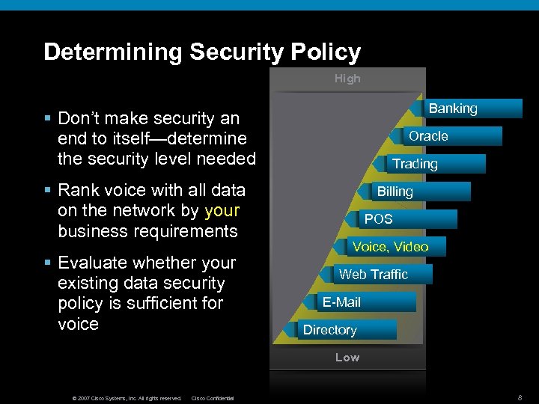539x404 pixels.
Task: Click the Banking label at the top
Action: point(453,108)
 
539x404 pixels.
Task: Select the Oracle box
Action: point(428,136)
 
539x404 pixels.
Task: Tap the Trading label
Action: point(415,164)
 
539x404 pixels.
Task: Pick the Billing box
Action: point(395,192)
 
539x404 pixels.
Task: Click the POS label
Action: point(378,219)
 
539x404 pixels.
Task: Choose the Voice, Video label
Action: point(390,247)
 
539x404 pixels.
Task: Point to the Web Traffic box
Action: point(373,275)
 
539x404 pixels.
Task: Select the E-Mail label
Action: point(341,302)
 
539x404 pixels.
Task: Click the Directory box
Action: point(329,330)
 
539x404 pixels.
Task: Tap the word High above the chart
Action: point(347,79)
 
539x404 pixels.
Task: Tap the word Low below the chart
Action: point(347,358)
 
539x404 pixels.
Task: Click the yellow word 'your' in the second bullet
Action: point(222,210)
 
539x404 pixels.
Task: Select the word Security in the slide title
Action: point(237,52)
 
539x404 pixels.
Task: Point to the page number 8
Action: point(519,397)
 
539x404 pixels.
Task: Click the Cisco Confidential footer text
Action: point(213,398)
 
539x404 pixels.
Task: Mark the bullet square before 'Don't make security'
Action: point(47,119)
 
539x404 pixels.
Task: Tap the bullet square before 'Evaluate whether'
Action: point(47,263)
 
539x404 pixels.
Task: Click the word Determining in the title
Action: point(113,52)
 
